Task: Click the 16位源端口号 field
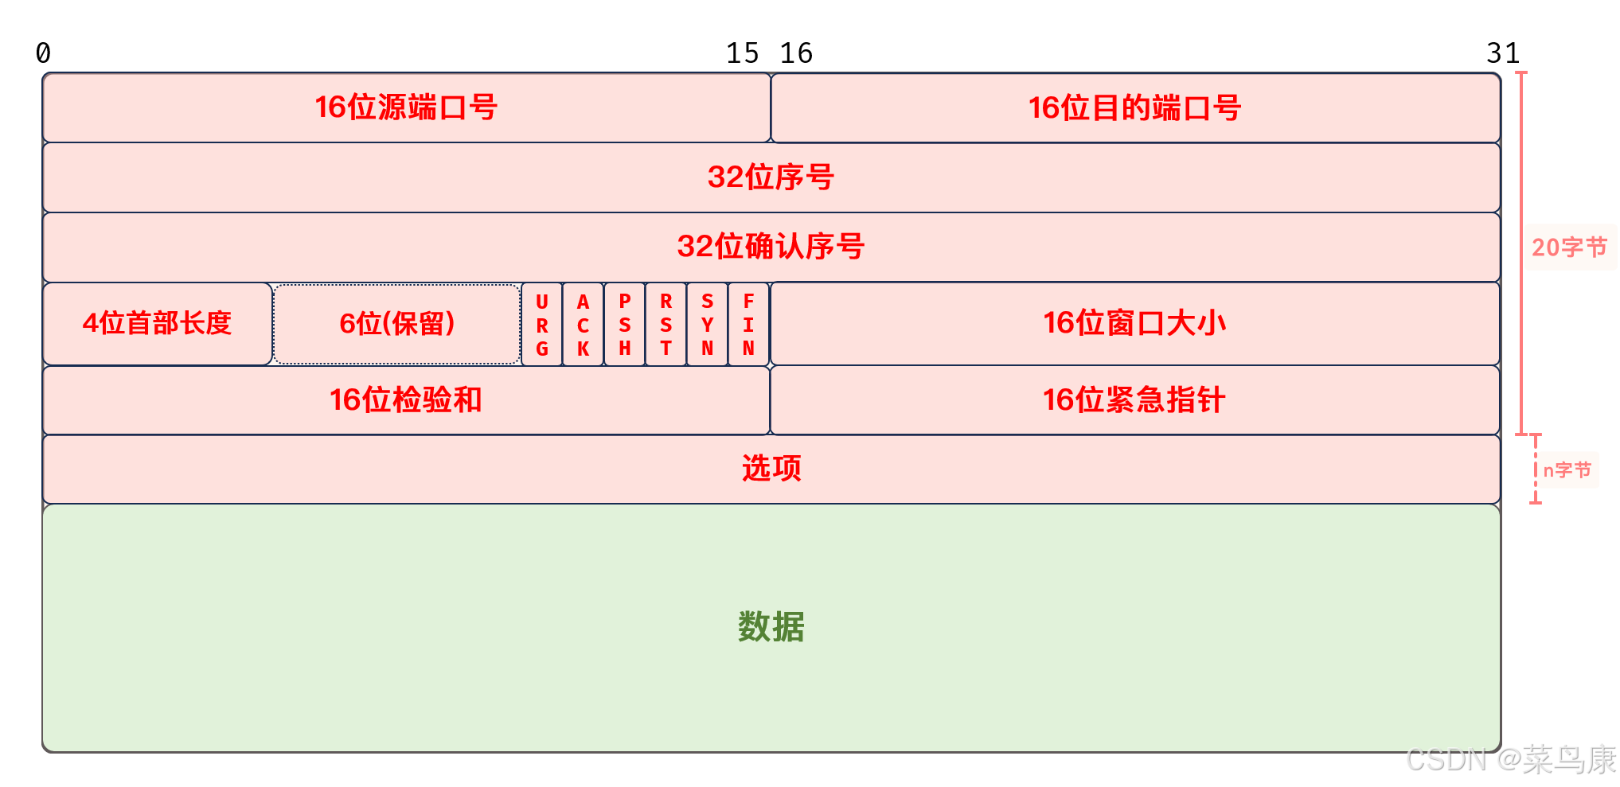tap(406, 107)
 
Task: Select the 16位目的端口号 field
tap(1135, 107)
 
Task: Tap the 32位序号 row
tap(771, 177)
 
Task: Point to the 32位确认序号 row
tap(771, 246)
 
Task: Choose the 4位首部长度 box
tap(157, 323)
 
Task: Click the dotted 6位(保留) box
tap(396, 323)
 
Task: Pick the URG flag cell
tap(542, 325)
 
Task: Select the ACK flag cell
tap(584, 325)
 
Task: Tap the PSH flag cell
tap(625, 325)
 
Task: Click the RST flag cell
tap(666, 325)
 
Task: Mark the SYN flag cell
tap(708, 325)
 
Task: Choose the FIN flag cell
tap(748, 325)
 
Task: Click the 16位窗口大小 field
tap(1135, 323)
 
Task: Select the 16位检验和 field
tap(406, 399)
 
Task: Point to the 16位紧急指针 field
tap(1135, 399)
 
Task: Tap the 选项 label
tap(771, 468)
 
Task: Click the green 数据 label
tap(771, 627)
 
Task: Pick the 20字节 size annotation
tap(1569, 247)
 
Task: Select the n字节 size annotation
tap(1567, 470)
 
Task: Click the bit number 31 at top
tap(1503, 53)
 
